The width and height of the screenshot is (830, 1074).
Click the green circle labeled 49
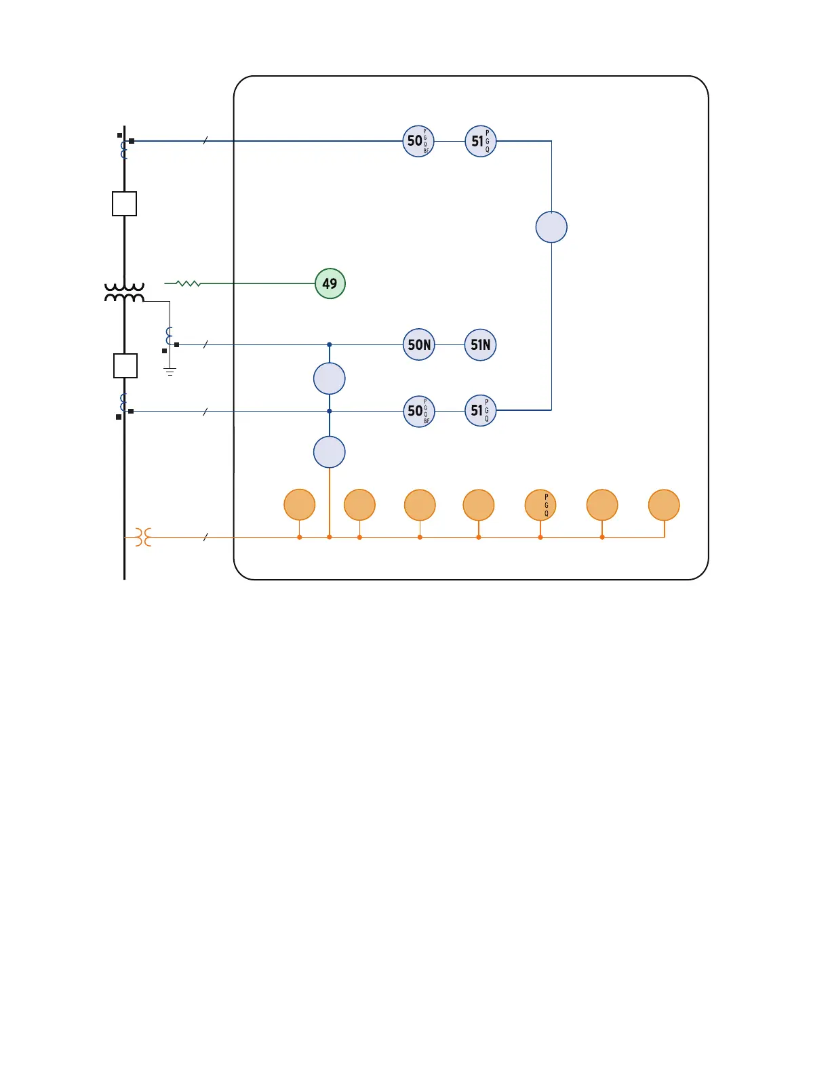(330, 283)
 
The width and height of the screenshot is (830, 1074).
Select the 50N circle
(419, 344)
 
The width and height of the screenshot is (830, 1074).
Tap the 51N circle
(480, 344)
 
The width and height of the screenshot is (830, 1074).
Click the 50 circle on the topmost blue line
(418, 141)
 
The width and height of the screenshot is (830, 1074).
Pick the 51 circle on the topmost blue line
(481, 141)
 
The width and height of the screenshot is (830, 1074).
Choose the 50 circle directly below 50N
(418, 411)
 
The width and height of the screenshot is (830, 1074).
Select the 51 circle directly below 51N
(480, 410)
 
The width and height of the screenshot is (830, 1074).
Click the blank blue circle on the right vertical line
(551, 227)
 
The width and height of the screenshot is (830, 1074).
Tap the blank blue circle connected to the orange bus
(330, 452)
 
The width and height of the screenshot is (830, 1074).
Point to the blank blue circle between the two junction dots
(330, 378)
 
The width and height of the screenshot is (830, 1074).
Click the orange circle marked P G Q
(540, 505)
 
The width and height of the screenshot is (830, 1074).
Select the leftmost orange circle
(299, 505)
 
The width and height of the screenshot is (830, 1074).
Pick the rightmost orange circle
(664, 505)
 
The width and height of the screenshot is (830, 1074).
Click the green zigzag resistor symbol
(188, 283)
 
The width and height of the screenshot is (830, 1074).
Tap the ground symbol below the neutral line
(170, 372)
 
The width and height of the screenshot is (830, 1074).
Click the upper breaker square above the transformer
(125, 203)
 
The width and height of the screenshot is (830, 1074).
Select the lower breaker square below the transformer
(125, 366)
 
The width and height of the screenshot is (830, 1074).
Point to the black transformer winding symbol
(124, 293)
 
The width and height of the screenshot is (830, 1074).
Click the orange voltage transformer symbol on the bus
(143, 537)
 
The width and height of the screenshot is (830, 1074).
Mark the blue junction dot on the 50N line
(330, 344)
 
